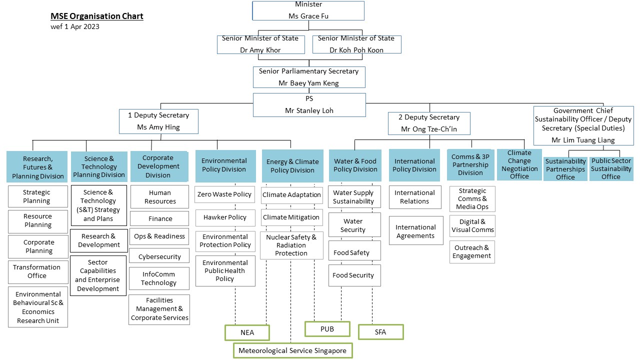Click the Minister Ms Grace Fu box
308,10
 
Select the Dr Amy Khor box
260,44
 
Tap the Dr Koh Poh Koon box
356,44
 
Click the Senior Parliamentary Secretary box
308,77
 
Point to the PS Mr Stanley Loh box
308,104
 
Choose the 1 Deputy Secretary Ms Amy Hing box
158,121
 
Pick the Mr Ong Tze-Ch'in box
429,123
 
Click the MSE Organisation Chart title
97,16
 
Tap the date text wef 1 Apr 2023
75,27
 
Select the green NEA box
247,332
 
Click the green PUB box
327,329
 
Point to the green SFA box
380,331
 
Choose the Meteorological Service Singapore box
292,350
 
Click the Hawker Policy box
225,217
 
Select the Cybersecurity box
159,256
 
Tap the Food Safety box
354,252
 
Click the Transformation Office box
37,271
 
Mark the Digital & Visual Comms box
472,226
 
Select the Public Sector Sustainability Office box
611,169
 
